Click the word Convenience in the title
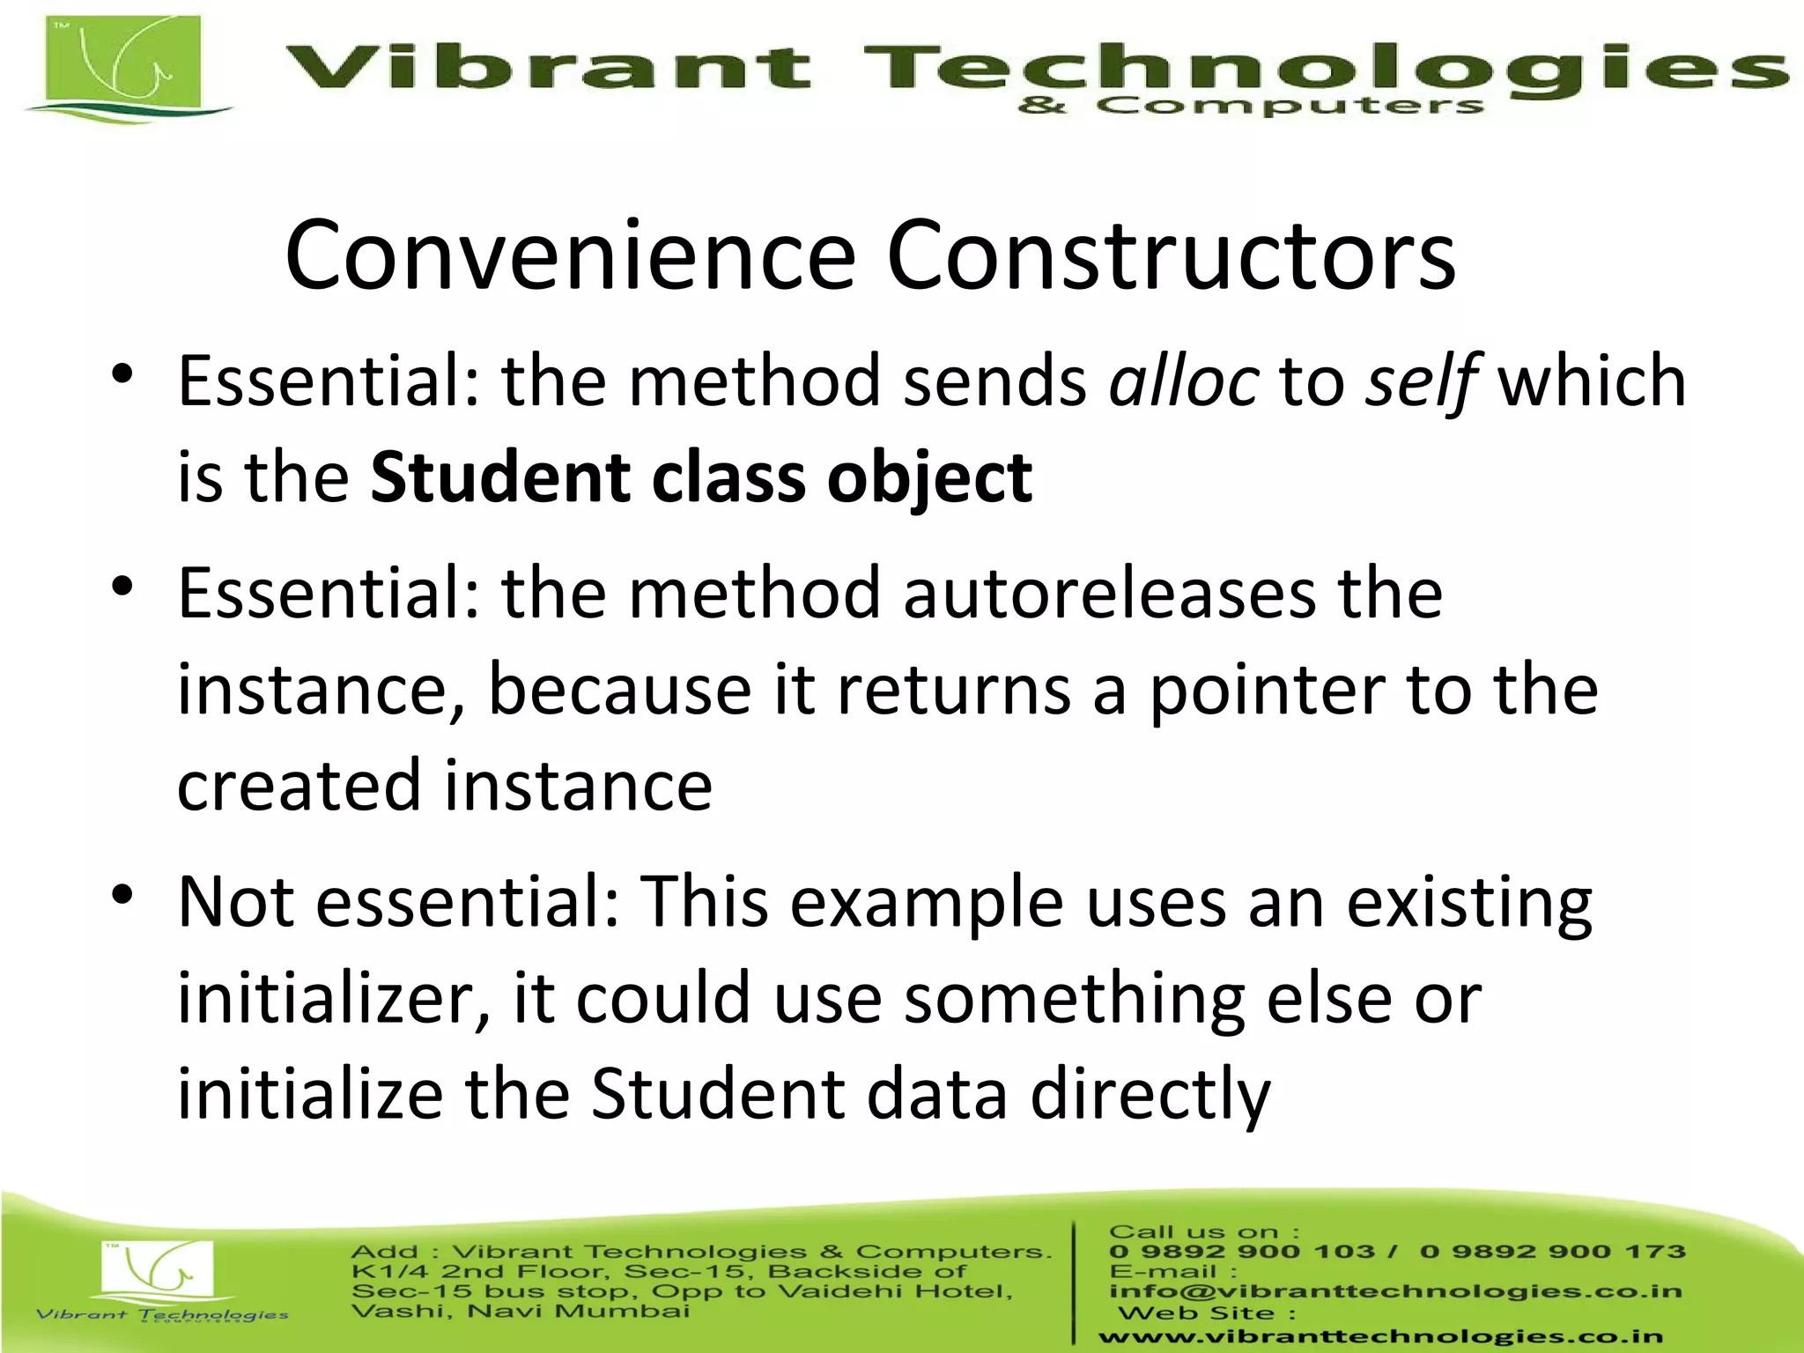pyautogui.click(x=571, y=255)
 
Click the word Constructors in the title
pyautogui.click(x=1172, y=255)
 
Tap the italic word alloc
pyautogui.click(x=1183, y=381)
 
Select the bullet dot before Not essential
pyautogui.click(x=122, y=895)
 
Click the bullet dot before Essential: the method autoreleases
pyautogui.click(x=122, y=586)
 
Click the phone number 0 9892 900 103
pyautogui.click(x=1242, y=1252)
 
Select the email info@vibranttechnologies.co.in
pyautogui.click(x=1396, y=1291)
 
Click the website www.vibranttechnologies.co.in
pyautogui.click(x=1380, y=1337)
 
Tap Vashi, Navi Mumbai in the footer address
pyautogui.click(x=520, y=1312)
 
